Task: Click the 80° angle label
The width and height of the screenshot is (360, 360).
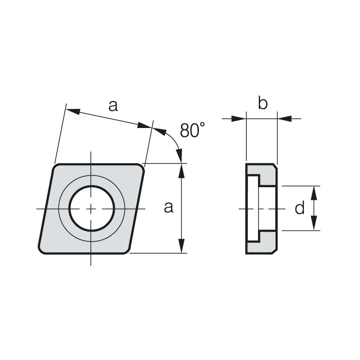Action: point(192,130)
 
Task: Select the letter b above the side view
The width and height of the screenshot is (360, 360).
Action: point(263,103)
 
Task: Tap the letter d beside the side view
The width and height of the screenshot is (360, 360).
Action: point(300,208)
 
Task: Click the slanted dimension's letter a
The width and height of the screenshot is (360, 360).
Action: point(113,106)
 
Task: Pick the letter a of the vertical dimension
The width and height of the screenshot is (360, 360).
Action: point(168,207)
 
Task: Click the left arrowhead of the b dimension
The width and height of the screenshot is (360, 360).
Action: point(239,119)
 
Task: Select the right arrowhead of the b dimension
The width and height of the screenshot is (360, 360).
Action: point(284,119)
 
